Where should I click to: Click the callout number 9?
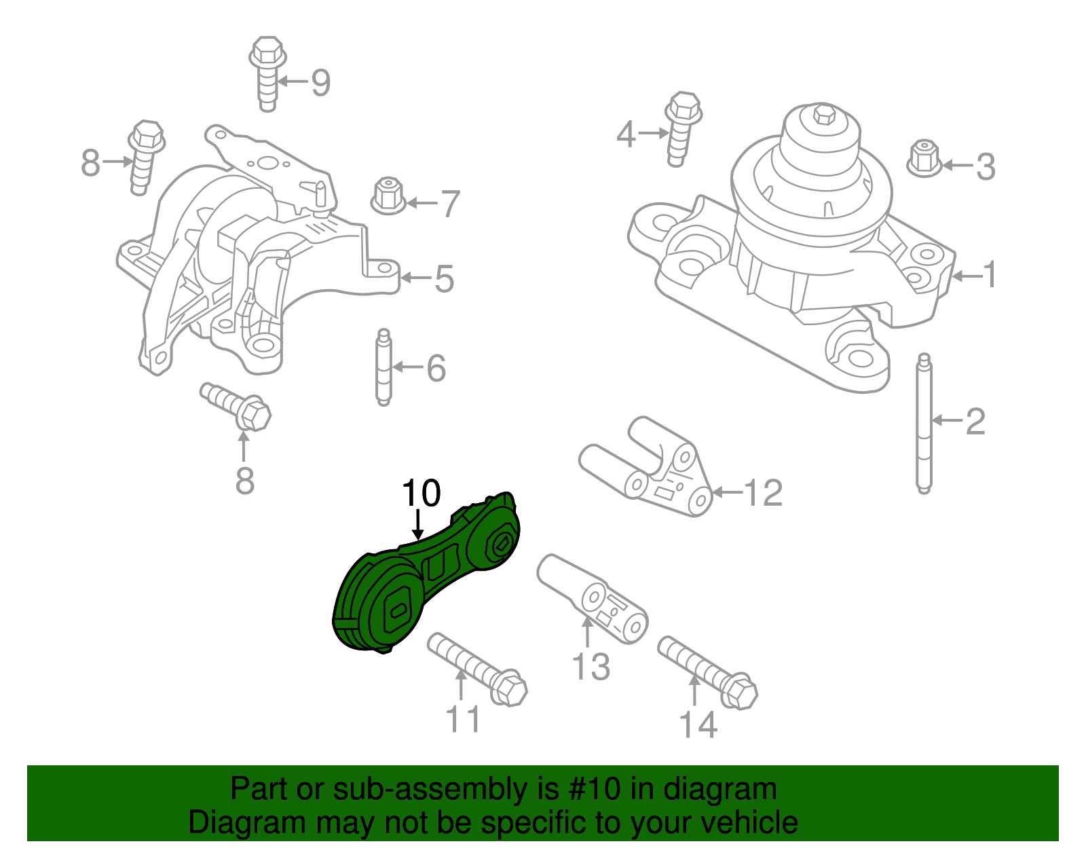320,83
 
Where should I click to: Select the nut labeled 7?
389,195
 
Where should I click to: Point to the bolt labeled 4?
681,126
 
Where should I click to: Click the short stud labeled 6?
383,367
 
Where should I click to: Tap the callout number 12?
764,492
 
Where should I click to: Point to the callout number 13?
591,666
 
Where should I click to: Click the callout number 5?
444,278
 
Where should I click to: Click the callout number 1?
990,275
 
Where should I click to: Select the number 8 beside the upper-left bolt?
90,163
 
